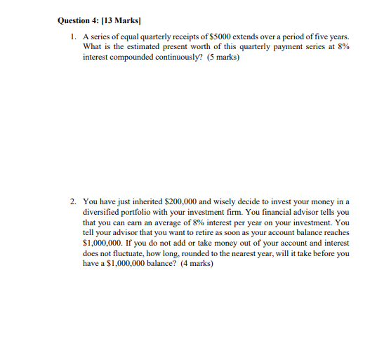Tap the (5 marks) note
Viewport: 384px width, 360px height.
coord(222,56)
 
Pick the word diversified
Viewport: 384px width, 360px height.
coord(103,212)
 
